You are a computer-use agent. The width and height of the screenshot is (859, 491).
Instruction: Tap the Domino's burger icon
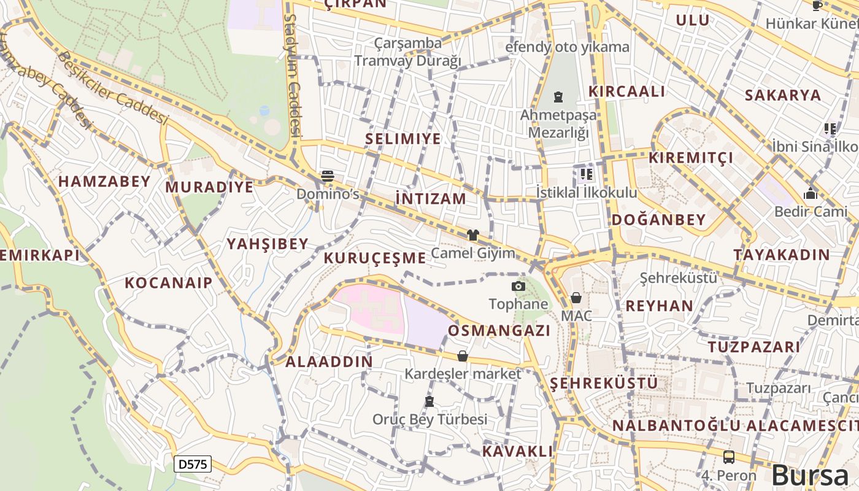[x=328, y=176]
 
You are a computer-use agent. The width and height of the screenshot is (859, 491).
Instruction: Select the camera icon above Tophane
[x=518, y=286]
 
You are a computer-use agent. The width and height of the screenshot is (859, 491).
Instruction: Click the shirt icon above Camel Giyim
[x=472, y=234]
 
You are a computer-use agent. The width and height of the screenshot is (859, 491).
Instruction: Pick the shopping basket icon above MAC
[x=576, y=298]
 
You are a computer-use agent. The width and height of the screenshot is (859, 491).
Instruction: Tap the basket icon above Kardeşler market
[x=463, y=356]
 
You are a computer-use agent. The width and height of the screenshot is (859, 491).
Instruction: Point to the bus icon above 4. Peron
[x=728, y=457]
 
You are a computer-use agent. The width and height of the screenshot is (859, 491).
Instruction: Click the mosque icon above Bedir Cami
[x=811, y=194]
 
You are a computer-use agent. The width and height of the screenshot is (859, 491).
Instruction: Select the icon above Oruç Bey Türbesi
[x=429, y=401]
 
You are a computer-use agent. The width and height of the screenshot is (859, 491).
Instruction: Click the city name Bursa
[x=810, y=476]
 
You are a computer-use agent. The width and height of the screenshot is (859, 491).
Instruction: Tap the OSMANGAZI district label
[x=499, y=331]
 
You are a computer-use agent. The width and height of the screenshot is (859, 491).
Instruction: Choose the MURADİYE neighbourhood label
[x=209, y=187]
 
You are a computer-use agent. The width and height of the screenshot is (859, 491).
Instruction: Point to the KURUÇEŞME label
[x=374, y=258]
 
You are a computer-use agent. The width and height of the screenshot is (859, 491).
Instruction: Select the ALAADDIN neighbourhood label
[x=329, y=361]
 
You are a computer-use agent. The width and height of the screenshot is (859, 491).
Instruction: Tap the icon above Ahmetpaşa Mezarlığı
[x=558, y=97]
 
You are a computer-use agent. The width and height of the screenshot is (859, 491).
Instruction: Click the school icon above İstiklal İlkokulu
[x=586, y=174]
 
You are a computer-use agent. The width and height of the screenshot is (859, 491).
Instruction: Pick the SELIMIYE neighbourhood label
[x=403, y=139]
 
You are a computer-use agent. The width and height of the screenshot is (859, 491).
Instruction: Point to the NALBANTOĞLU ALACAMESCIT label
[x=735, y=425]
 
